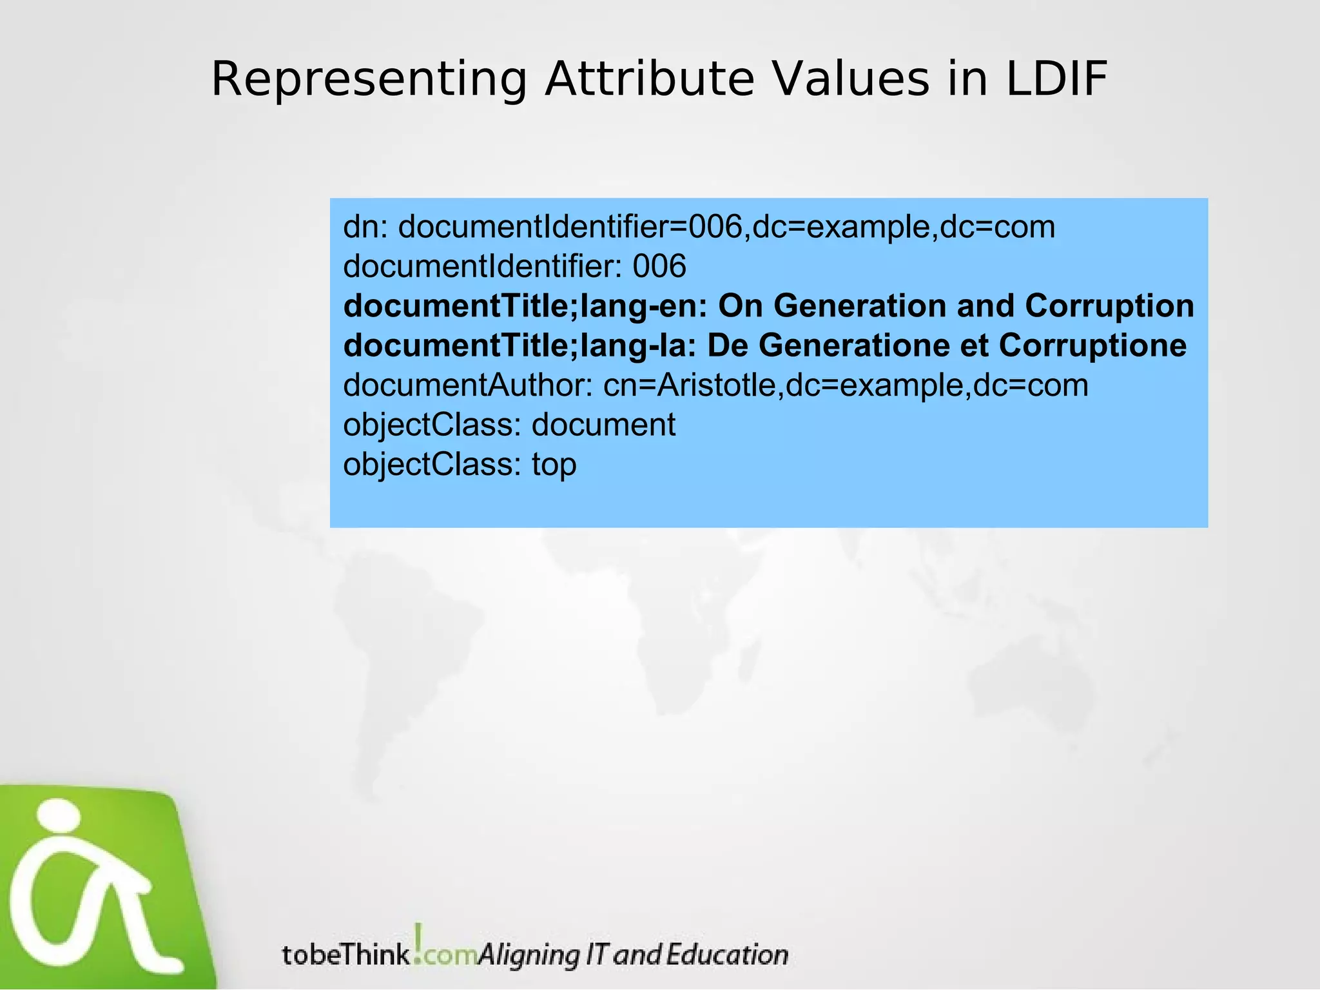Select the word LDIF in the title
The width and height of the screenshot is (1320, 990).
coord(1057,80)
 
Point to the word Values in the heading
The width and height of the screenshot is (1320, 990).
coord(851,80)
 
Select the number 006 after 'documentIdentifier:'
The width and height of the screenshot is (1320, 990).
coord(659,267)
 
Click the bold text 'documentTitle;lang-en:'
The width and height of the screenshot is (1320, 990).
coord(525,306)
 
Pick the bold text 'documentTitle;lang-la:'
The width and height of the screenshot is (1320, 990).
coord(519,346)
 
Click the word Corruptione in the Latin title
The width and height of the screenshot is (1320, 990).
coord(1092,346)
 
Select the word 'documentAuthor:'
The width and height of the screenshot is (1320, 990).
coord(468,385)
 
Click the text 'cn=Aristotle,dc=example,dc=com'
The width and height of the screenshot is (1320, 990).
coord(845,385)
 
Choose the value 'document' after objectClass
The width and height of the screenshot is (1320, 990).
coord(603,425)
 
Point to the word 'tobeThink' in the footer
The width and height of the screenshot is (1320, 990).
coord(345,955)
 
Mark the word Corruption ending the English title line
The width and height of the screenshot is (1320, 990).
coord(1109,306)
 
